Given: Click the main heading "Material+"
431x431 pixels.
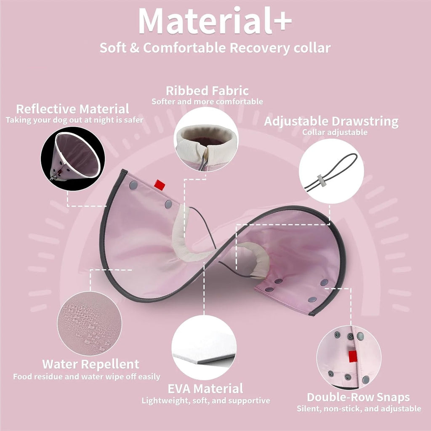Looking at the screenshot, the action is point(215,21).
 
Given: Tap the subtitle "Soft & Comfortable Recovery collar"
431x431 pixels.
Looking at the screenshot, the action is point(215,48).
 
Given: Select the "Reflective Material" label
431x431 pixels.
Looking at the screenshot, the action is point(72,109).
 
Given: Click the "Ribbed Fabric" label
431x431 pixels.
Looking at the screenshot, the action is point(207,91).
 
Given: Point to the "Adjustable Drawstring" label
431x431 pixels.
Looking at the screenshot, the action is point(331,122).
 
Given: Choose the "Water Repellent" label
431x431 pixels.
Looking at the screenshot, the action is point(91,364).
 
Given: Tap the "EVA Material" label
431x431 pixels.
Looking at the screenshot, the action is point(205,388).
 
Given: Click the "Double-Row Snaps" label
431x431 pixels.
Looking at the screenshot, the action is point(358,397).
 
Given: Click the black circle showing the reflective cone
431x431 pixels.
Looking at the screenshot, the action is point(73,158).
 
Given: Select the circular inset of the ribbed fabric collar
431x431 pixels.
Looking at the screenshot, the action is point(206,139).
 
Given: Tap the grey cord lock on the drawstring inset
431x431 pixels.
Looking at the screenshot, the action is point(320,181).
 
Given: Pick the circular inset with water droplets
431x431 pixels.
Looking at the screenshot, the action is point(89,323).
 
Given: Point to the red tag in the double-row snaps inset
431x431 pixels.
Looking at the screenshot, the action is point(353,357).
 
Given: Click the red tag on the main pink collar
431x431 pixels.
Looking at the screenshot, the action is point(160,185).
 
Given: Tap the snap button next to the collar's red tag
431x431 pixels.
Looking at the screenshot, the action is point(133,185).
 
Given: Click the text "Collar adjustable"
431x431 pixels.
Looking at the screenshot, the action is point(335,132).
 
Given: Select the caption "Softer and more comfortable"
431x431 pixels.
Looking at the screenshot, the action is point(207,102).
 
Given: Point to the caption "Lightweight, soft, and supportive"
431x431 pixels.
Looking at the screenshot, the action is point(206,401).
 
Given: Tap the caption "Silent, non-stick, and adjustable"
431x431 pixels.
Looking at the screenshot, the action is point(359,409).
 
